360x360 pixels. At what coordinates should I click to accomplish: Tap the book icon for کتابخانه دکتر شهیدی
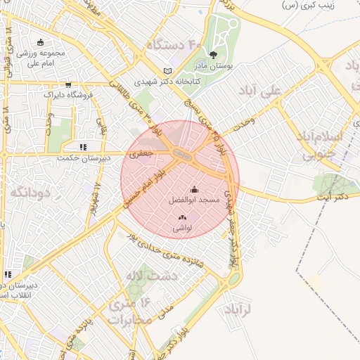tap(167, 71)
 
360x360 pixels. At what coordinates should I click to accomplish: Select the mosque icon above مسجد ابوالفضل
tap(195, 189)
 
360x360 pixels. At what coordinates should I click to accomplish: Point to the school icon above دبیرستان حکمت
tap(83, 148)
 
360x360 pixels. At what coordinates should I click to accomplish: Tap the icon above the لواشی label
tap(183, 218)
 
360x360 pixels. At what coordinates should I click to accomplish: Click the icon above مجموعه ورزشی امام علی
tap(40, 42)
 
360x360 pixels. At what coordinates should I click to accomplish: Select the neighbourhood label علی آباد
tap(279, 90)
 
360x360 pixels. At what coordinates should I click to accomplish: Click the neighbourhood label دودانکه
tap(22, 192)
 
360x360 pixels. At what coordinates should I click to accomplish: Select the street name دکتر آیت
tap(333, 198)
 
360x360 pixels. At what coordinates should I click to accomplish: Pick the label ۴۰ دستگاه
tap(174, 45)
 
